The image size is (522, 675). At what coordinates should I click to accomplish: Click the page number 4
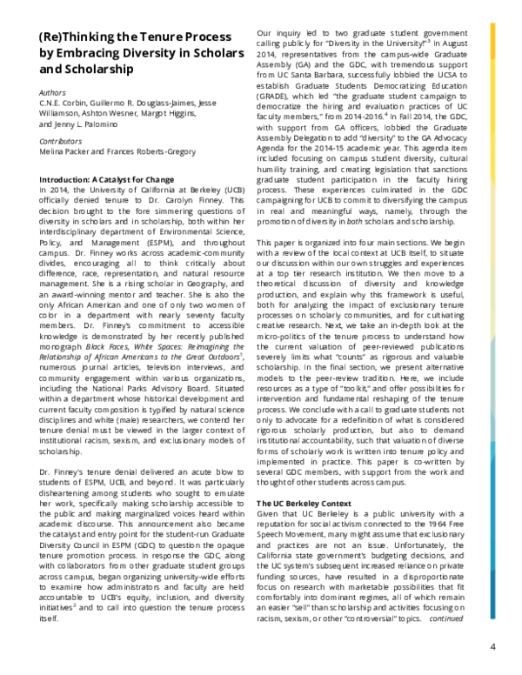click(492, 647)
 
